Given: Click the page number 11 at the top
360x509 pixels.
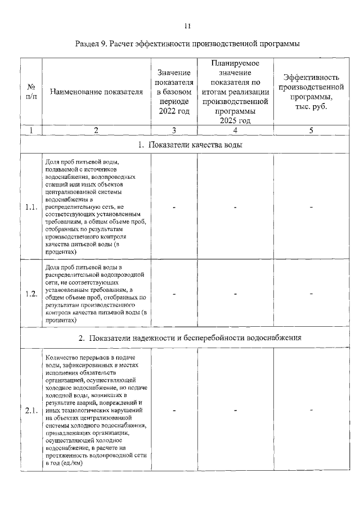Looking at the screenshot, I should (188, 26).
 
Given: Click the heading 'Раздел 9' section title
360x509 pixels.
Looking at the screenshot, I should (188, 43).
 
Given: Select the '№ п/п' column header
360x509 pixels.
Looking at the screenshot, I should (31, 92).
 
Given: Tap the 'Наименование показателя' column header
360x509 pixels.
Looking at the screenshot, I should (96, 92).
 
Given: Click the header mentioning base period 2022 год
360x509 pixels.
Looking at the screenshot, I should (174, 92).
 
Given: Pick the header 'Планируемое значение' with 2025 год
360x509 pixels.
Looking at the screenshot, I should (235, 92).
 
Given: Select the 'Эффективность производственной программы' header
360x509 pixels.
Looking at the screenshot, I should (311, 92).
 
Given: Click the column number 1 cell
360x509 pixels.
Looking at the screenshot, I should (31, 130).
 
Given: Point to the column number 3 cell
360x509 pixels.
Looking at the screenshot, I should (174, 130).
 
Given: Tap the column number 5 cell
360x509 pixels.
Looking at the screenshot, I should (311, 130).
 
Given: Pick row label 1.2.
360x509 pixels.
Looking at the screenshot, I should (31, 294).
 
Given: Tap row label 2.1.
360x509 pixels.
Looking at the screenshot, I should (31, 410).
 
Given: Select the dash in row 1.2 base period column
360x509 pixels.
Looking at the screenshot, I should (174, 294).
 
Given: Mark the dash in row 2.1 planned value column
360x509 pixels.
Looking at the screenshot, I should (235, 410).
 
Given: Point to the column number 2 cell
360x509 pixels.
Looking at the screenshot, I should (96, 130).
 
